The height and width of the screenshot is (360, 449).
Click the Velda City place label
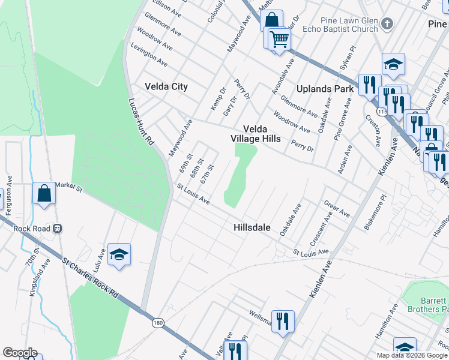tap(166, 86)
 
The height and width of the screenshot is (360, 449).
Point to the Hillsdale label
tap(252, 228)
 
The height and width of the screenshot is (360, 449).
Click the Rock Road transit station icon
tap(58, 228)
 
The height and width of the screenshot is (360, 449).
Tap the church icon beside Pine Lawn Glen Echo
tap(387, 24)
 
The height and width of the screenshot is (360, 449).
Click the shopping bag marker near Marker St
tap(44, 193)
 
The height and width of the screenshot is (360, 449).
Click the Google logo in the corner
tap(20, 353)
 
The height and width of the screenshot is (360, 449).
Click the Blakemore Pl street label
tap(374, 212)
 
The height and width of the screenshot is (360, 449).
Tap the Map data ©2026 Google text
tap(412, 355)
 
